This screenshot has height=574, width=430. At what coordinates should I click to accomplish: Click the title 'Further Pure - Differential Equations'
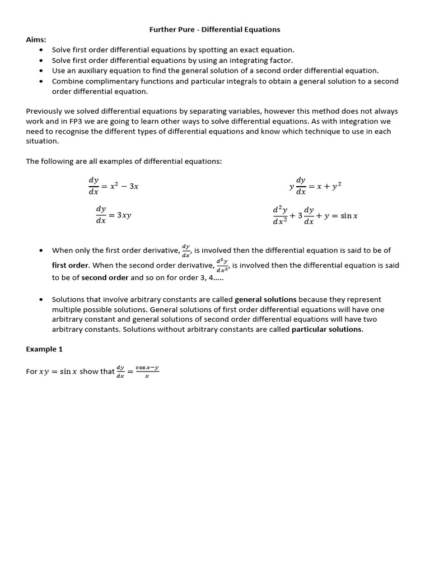coord(214,29)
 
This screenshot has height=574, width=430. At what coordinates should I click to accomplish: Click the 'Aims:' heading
coord(36,39)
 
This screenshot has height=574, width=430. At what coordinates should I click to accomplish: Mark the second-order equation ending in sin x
coord(315,215)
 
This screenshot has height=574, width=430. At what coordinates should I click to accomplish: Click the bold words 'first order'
coord(71,265)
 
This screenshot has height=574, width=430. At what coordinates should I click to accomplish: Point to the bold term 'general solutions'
coord(265,299)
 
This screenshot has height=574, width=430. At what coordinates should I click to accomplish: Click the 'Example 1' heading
coord(44,349)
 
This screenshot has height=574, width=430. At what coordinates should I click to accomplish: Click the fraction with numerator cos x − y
coord(147,372)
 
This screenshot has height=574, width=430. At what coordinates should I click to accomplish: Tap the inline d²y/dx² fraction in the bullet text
coord(222,265)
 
